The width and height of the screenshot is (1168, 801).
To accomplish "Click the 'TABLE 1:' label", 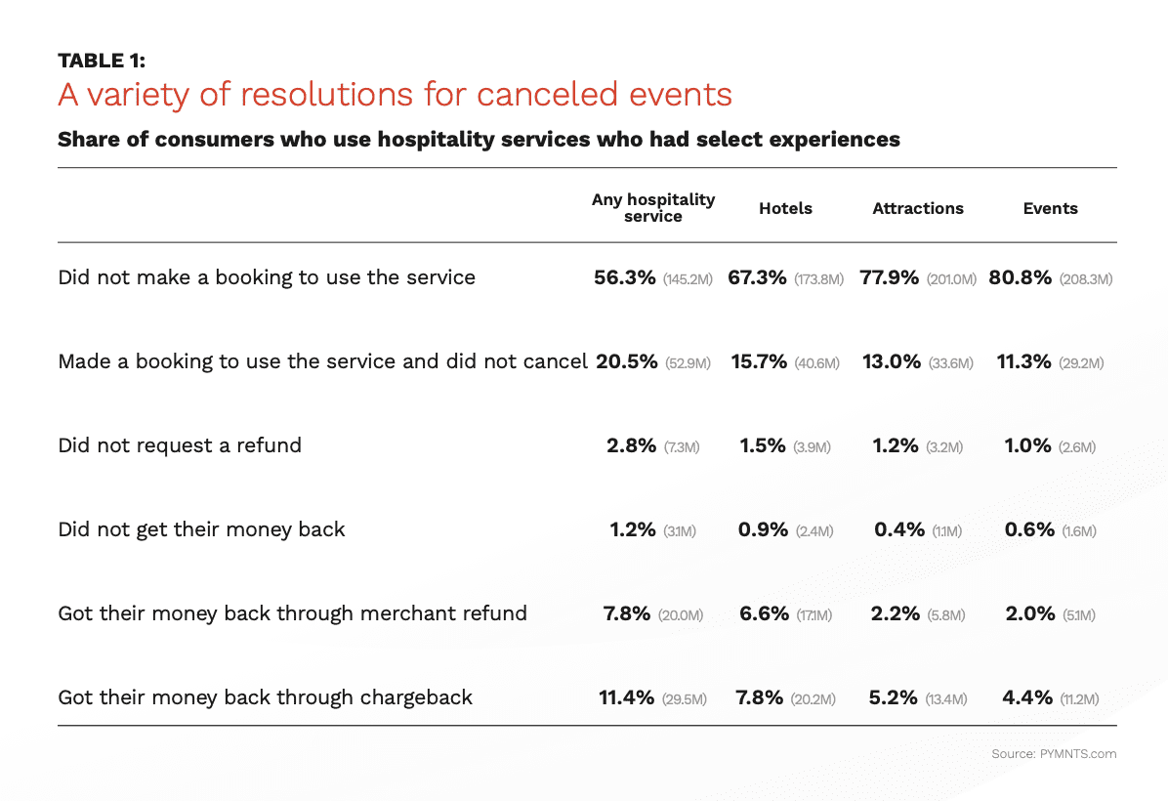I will pyautogui.click(x=102, y=61).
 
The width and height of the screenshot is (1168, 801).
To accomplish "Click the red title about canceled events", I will pyautogui.click(x=395, y=95).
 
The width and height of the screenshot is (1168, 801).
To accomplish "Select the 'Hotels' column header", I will pyautogui.click(x=785, y=208).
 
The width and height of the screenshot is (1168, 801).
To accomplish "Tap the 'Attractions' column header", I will pyautogui.click(x=918, y=208).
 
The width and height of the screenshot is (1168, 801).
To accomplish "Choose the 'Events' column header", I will pyautogui.click(x=1050, y=208).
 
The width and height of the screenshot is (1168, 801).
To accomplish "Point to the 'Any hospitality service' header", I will pyautogui.click(x=653, y=207).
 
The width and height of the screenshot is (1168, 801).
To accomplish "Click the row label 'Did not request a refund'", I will pyautogui.click(x=180, y=445).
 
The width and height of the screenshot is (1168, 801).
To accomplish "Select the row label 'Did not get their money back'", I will pyautogui.click(x=201, y=529).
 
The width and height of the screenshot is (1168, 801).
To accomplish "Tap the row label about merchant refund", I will pyautogui.click(x=292, y=613).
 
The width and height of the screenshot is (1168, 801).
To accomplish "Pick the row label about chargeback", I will pyautogui.click(x=265, y=697).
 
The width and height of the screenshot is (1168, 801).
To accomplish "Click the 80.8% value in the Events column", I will pyautogui.click(x=1021, y=277).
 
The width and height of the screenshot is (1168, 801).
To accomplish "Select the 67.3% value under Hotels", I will pyautogui.click(x=757, y=277).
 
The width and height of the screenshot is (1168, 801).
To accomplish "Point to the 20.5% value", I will pyautogui.click(x=625, y=361).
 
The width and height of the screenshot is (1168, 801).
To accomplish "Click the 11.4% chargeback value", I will pyautogui.click(x=626, y=697).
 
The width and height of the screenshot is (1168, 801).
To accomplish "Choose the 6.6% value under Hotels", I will pyautogui.click(x=764, y=613).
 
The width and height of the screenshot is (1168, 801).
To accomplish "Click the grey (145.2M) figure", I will pyautogui.click(x=688, y=279).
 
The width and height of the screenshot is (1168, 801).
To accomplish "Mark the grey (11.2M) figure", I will pyautogui.click(x=1079, y=699).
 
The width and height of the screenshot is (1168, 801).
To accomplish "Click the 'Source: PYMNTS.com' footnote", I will pyautogui.click(x=1054, y=754).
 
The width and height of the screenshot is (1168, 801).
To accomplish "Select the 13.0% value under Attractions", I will pyautogui.click(x=892, y=361).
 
